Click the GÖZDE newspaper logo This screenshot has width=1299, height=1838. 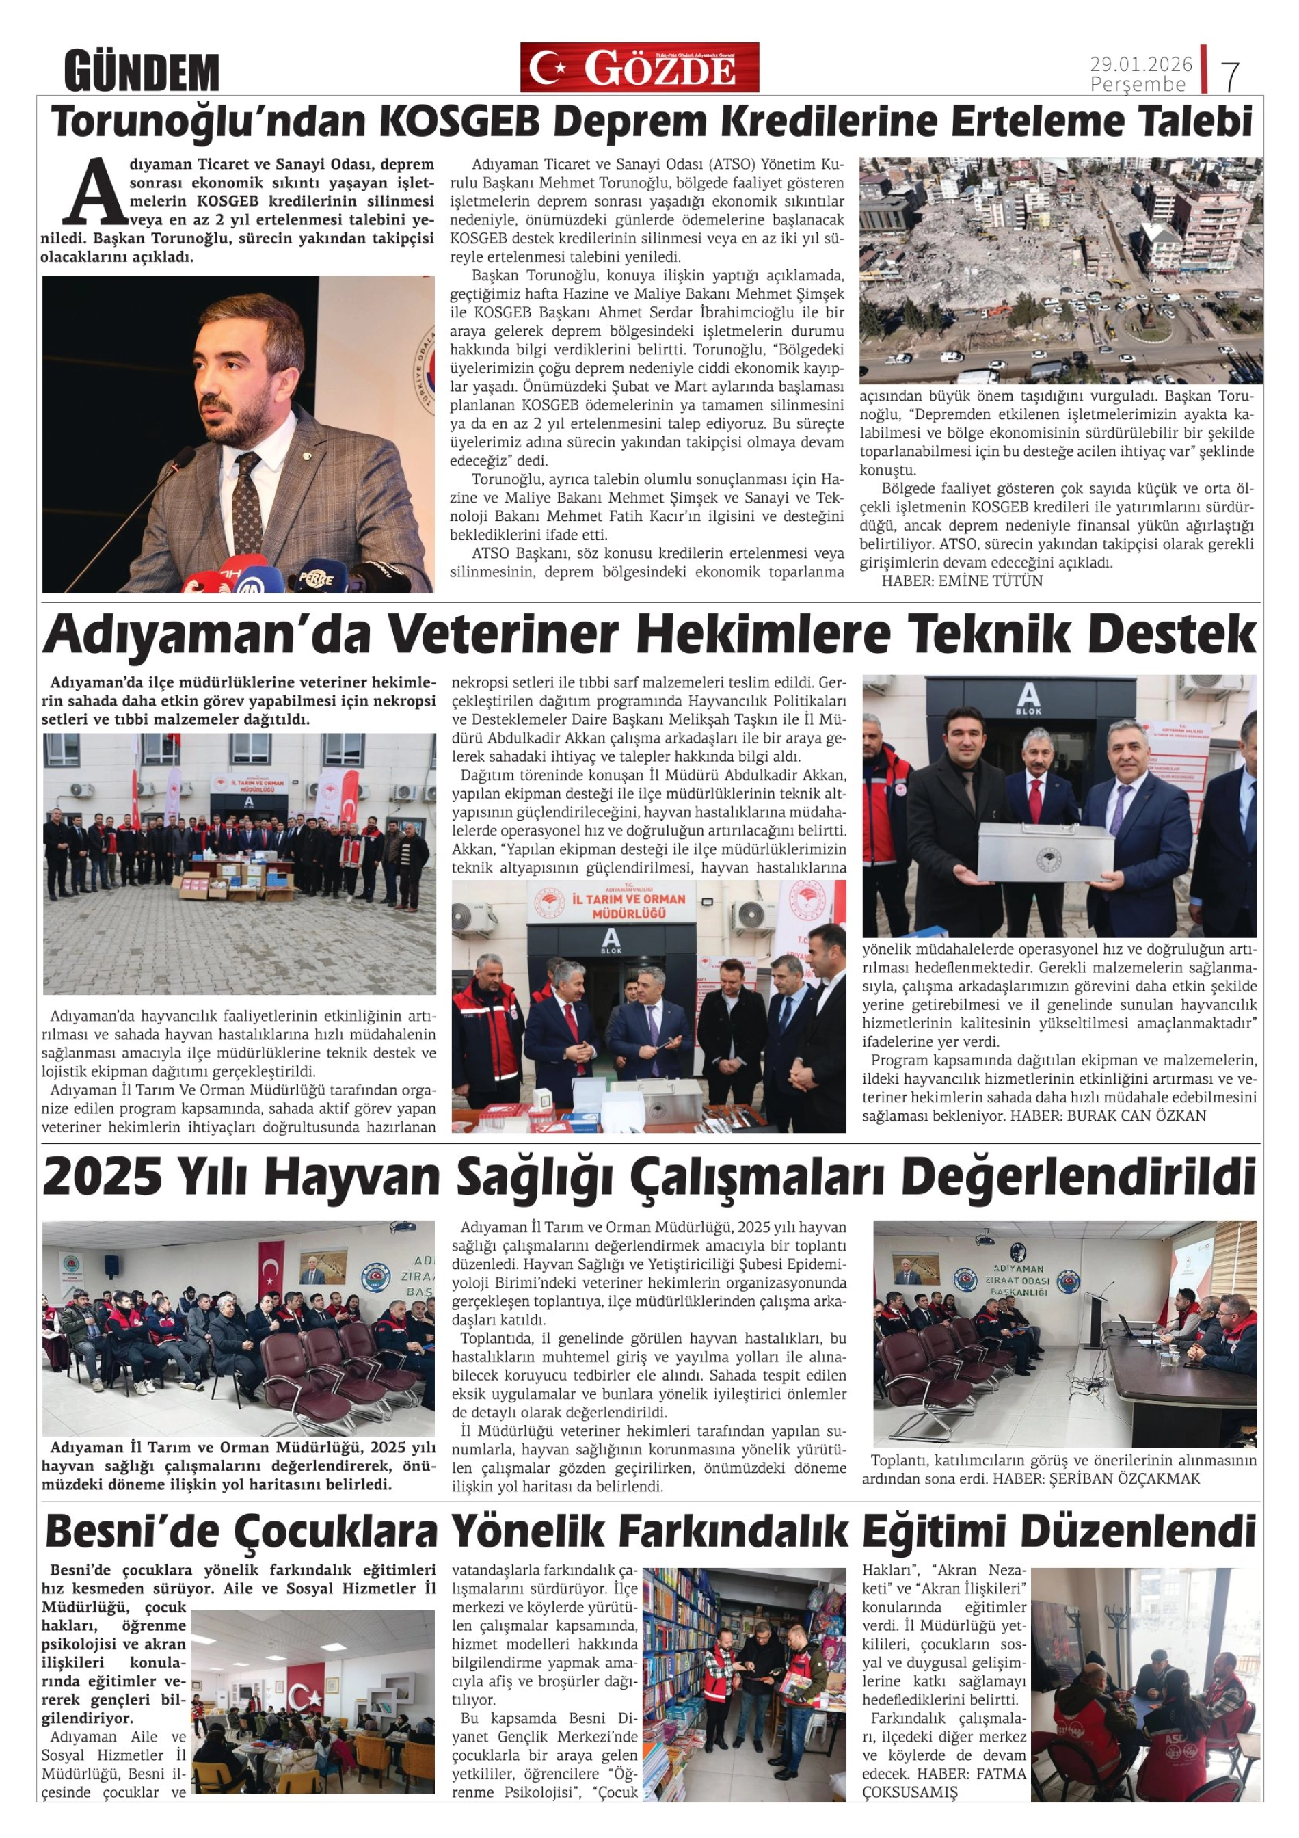point(639,67)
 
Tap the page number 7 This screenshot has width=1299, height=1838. point(1229,76)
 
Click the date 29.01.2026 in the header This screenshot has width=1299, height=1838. point(1140,63)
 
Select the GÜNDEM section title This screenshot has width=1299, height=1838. point(142,72)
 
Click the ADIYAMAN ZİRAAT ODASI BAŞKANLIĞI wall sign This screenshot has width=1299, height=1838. point(1017,1280)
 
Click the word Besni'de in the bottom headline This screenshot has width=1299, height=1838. point(132,1532)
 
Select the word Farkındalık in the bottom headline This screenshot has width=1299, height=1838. point(732,1532)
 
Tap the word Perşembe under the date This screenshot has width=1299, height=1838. point(1138,84)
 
